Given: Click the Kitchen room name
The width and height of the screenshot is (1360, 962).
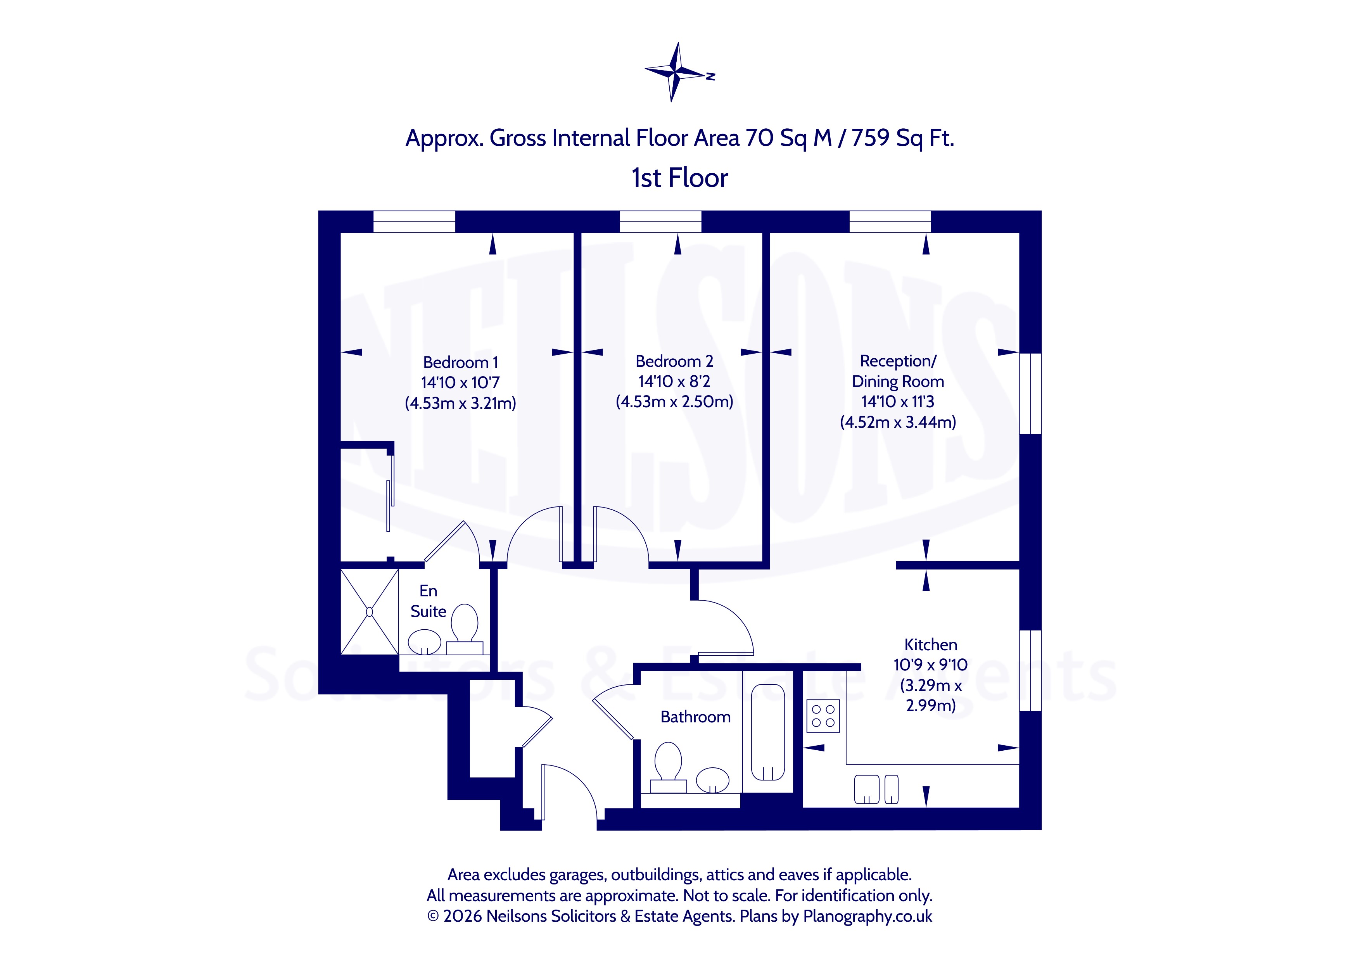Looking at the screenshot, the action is tap(931, 644).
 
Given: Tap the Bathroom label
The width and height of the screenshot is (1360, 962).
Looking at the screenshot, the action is tap(695, 717).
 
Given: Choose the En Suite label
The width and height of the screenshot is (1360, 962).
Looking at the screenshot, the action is tap(428, 601).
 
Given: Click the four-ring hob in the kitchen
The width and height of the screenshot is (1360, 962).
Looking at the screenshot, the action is tap(823, 715).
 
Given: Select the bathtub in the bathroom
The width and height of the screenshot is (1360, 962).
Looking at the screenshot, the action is tap(768, 732).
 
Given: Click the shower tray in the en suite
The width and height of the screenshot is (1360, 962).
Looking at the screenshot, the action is tap(369, 612).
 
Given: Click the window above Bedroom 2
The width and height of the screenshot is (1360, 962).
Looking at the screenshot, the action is tap(660, 221).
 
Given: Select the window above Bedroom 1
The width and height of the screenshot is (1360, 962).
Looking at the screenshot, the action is tap(414, 221).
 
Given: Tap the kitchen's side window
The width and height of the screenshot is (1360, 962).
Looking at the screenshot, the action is tap(1031, 670).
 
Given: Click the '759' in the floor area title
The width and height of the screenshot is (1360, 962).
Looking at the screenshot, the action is tap(870, 138).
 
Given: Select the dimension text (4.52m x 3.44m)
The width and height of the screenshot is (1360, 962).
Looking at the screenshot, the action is tap(898, 422).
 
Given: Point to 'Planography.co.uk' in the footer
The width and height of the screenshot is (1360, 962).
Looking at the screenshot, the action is tap(868, 916).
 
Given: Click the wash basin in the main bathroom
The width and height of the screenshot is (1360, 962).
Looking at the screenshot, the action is tap(713, 780).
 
